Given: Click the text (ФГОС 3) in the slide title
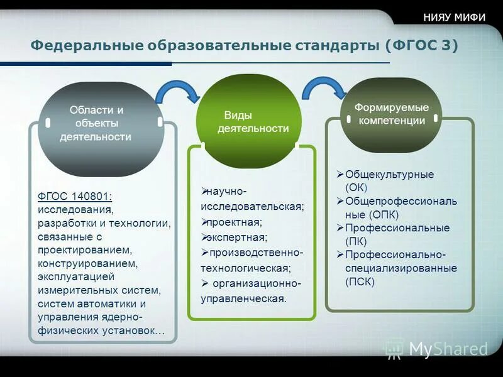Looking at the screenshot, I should point(421,46).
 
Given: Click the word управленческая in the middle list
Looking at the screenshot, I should point(243,298).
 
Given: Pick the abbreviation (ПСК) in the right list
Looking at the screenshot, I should point(359,282).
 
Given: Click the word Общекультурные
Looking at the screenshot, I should point(389,174).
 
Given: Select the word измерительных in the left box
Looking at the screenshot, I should point(77,290).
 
